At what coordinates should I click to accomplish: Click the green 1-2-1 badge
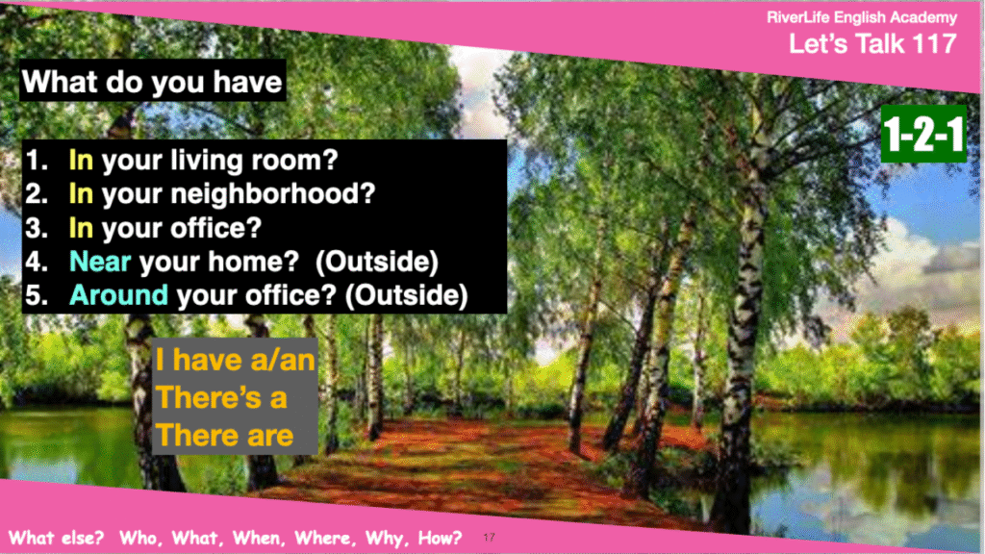923,134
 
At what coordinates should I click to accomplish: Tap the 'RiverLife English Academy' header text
862,17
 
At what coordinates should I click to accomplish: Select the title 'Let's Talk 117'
872,44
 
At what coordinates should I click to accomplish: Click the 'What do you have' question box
153,81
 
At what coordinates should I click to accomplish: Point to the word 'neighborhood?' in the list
273,193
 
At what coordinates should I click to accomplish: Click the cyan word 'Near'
100,262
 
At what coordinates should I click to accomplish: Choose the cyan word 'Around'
118,295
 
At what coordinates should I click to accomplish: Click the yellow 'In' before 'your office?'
81,227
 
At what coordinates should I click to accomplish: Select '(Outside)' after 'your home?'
377,262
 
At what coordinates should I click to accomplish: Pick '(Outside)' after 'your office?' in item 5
407,295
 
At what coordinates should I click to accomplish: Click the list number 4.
37,262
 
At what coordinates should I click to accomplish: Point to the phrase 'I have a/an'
236,360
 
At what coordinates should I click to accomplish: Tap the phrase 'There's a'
221,397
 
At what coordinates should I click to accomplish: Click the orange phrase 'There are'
224,436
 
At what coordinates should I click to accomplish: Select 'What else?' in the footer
56,538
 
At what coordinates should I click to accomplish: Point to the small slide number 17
490,537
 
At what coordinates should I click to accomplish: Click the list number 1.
37,161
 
